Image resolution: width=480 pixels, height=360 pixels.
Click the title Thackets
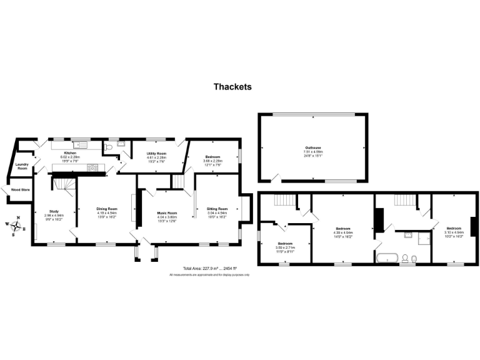(x=232, y=87)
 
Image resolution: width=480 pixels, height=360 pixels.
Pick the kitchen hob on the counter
(x=92, y=167)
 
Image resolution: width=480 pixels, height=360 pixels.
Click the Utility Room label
(x=156, y=153)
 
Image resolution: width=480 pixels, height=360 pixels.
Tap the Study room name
(x=54, y=211)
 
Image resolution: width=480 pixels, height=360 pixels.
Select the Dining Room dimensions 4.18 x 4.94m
(x=107, y=213)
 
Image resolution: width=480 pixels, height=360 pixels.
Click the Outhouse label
(x=312, y=147)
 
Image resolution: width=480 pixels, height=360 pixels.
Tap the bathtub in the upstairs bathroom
(x=386, y=257)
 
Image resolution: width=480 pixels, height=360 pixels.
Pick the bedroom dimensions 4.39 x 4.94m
(x=343, y=233)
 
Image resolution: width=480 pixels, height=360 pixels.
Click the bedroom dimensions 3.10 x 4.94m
(x=454, y=232)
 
